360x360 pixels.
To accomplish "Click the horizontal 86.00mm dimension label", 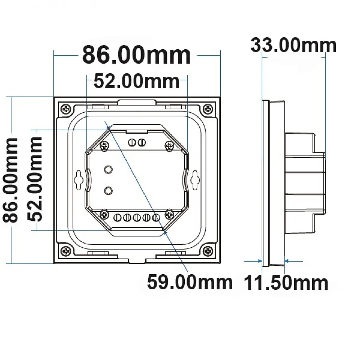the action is click(136, 55).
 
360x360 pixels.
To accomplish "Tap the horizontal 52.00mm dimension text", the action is click(136, 81).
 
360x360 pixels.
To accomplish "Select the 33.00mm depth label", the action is click(294, 45).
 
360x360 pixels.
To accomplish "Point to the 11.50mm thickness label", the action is click(286, 283).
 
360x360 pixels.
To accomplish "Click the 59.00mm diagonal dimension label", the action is click(190, 282).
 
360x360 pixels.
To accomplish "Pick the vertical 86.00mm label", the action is click(10, 180).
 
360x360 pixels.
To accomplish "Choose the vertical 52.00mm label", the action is click(35, 179).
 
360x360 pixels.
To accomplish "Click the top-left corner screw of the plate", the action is click(66, 109).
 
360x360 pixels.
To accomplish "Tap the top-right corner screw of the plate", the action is click(208, 109).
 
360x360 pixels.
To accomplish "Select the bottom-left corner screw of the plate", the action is click(66, 251).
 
